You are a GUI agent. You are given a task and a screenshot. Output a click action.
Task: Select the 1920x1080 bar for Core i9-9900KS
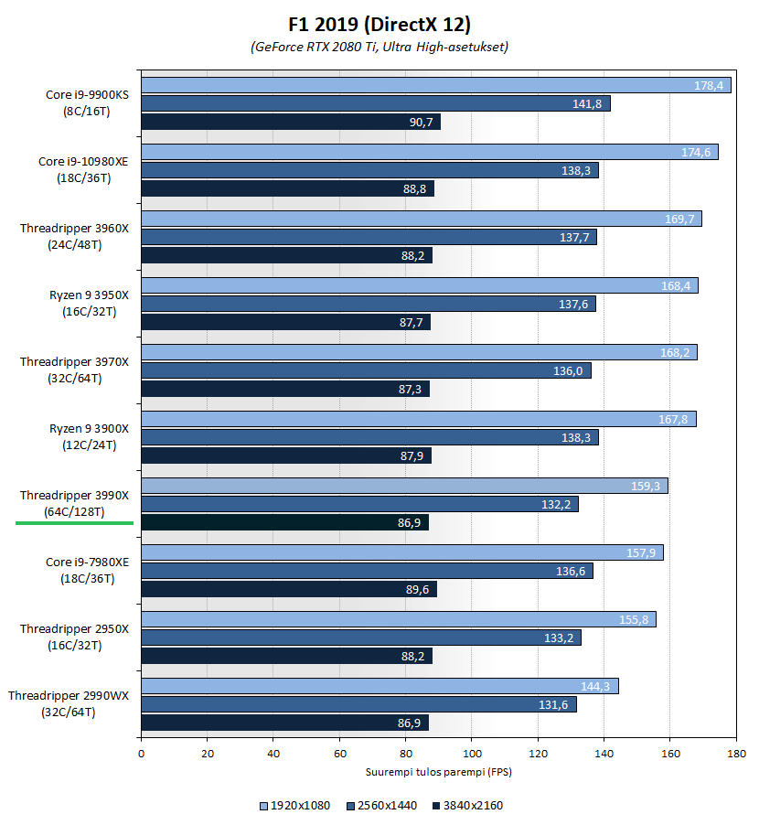(x=435, y=85)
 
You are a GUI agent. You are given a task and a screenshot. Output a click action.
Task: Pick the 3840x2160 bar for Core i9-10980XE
(x=287, y=188)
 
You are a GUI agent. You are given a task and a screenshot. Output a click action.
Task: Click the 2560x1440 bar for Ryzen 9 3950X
(x=368, y=304)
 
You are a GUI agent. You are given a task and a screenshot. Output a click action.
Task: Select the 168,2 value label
(x=677, y=352)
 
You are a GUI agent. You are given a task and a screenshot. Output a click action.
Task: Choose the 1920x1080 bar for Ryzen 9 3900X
(x=418, y=419)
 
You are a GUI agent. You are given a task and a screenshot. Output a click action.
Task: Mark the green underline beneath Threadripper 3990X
(x=74, y=523)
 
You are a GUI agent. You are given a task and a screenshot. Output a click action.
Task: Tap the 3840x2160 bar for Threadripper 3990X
(x=284, y=522)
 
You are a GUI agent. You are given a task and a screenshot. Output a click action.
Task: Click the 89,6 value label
(x=418, y=589)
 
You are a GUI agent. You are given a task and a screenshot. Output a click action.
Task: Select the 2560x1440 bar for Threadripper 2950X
(x=360, y=637)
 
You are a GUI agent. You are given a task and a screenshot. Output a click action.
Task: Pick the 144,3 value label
(x=595, y=686)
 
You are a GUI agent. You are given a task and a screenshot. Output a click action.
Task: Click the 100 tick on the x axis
(x=471, y=754)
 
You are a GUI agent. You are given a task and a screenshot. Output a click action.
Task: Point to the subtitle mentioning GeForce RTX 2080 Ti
(x=379, y=47)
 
